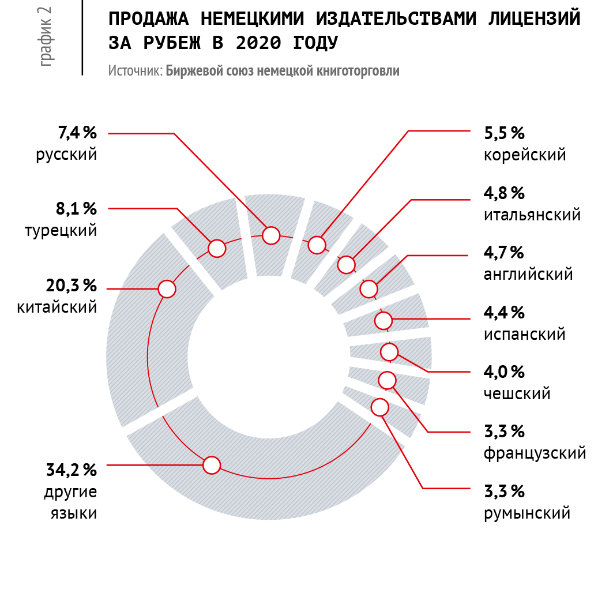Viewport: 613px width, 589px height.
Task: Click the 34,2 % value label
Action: pos(71,470)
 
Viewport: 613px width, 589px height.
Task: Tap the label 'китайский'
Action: pos(57,307)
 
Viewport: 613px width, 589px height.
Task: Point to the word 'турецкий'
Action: pos(61,230)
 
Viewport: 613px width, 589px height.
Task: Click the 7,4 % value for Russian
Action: pos(77,133)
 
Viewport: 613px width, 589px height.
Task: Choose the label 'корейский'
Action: pos(525,155)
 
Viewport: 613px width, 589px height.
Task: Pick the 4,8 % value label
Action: pos(504,193)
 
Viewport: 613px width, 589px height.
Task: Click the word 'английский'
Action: pos(528,274)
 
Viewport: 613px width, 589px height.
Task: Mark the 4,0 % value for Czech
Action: pos(504,372)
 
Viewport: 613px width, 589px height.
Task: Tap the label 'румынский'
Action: pos(527,513)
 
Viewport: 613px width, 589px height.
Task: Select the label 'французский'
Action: pos(535,453)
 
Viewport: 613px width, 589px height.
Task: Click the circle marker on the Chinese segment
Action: pos(167,289)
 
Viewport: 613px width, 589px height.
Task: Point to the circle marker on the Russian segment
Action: pos(271,235)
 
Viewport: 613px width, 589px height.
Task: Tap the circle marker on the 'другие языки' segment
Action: pos(212,464)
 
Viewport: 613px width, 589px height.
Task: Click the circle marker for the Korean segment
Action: pos(317,245)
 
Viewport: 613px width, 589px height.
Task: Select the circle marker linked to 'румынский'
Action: pos(380,407)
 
